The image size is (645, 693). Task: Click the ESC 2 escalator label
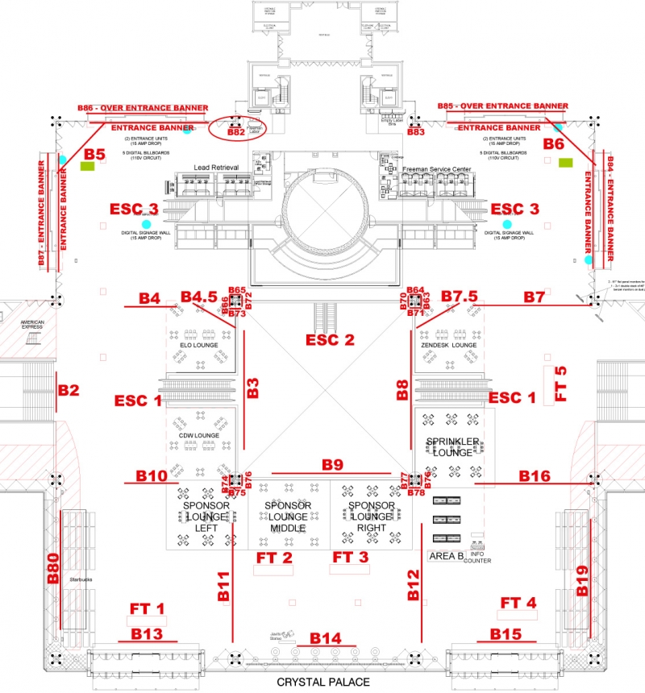coord(330,339)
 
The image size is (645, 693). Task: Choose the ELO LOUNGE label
coord(200,345)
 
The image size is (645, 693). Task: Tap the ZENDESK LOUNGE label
coord(449,345)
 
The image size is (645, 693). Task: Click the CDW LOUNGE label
coord(200,436)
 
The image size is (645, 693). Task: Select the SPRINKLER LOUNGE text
coord(453,446)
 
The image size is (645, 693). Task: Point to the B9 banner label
coord(333,464)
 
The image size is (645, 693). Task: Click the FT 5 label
coord(561,384)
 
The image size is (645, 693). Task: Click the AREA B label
coord(445,556)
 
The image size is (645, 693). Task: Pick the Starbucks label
coord(82,579)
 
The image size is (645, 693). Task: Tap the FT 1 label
coord(147,608)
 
